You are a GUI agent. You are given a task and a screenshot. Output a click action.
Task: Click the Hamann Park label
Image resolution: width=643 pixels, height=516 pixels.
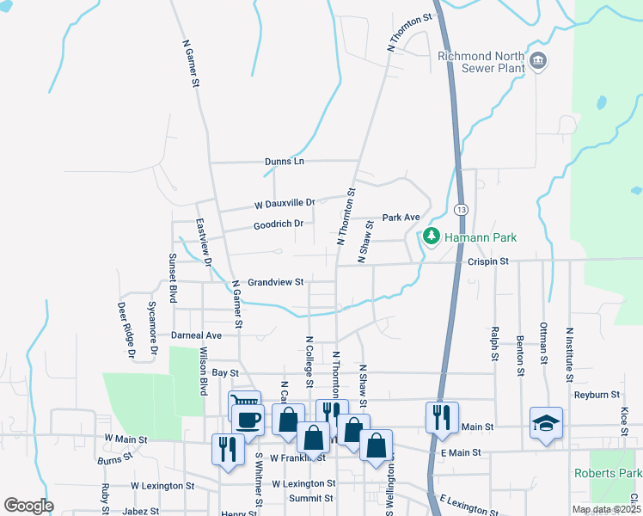[x=481, y=236]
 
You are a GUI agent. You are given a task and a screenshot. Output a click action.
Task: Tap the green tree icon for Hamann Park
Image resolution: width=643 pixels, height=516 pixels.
[x=432, y=236]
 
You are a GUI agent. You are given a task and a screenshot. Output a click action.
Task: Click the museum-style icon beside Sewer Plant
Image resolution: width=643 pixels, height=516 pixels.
[x=538, y=60]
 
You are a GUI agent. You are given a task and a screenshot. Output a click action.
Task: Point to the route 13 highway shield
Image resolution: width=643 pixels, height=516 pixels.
[x=462, y=210]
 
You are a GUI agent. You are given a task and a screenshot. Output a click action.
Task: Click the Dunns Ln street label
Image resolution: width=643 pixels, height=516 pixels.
[x=287, y=161]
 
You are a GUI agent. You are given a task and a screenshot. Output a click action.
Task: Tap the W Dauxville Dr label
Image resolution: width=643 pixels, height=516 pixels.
[x=285, y=204]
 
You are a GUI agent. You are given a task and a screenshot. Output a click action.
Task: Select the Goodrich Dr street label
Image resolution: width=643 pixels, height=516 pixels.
[x=279, y=224]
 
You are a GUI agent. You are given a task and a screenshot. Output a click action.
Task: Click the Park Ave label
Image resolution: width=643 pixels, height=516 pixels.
[x=401, y=217]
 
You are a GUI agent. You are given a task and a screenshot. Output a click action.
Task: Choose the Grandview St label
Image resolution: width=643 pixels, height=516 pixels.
[x=276, y=282]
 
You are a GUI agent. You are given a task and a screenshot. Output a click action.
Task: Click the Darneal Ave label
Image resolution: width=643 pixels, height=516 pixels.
[x=196, y=335]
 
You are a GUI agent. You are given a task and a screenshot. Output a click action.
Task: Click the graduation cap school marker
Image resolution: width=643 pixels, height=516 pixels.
[x=546, y=422]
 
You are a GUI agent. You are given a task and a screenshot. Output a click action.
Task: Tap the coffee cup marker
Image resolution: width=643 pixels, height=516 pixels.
[x=248, y=420]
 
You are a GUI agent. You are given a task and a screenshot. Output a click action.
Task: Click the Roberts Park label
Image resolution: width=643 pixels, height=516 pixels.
[x=607, y=473]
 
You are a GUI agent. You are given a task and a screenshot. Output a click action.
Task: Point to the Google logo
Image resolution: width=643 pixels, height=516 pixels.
[x=28, y=506]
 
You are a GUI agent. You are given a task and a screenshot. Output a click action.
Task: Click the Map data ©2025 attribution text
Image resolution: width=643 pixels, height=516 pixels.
[x=606, y=509]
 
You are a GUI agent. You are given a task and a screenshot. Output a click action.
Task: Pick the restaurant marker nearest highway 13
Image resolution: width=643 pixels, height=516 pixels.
[x=442, y=417]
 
